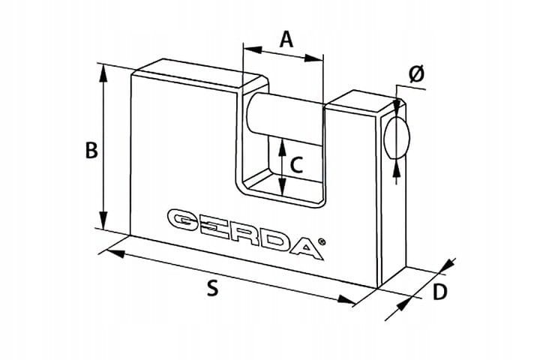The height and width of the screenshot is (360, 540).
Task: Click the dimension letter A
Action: click(286, 40)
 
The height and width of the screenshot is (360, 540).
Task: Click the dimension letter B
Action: click(91, 150)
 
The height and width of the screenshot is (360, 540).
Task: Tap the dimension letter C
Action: click(296, 165)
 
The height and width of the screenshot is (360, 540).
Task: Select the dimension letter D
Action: click(439, 292)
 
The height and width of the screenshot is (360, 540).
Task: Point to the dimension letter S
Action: click(213, 288)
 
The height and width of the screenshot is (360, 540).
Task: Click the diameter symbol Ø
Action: click(417, 74)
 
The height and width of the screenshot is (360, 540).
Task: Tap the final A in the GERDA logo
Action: click(307, 248)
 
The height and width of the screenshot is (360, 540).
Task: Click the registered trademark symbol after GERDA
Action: click(322, 242)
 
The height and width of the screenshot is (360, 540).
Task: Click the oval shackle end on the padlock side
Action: click(397, 137)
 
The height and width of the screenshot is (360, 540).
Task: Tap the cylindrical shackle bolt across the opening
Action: click(286, 118)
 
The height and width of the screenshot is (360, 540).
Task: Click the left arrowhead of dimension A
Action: click(252, 49)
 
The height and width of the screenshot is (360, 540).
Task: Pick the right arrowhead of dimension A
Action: click(313, 58)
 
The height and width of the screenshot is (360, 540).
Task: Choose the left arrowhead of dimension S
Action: click(115, 253)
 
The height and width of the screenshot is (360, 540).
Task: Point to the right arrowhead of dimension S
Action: click(346, 299)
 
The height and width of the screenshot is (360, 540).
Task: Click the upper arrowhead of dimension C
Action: click(283, 147)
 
